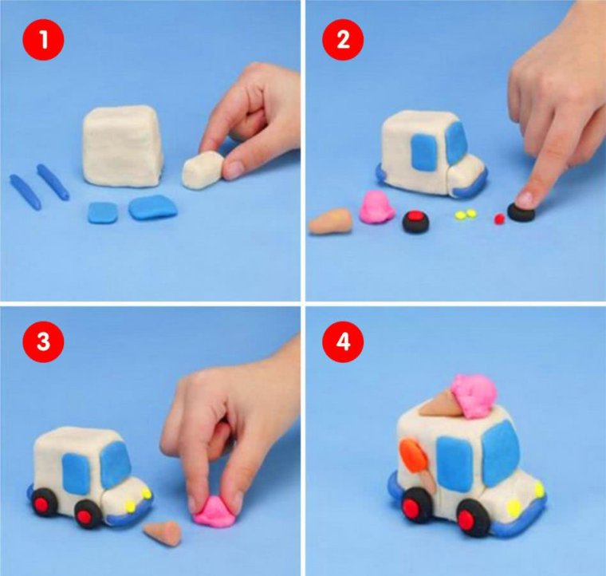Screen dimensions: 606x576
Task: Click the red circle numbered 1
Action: pyautogui.click(x=43, y=39)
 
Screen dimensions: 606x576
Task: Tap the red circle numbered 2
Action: pyautogui.click(x=343, y=39)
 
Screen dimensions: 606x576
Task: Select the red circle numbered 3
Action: pyautogui.click(x=43, y=341)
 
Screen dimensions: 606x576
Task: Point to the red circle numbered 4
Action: pyautogui.click(x=343, y=341)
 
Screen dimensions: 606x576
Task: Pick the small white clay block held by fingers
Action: pyautogui.click(x=203, y=170)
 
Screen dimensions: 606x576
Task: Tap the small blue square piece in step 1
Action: pyautogui.click(x=103, y=213)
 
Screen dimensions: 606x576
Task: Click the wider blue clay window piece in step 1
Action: pyautogui.click(x=153, y=207)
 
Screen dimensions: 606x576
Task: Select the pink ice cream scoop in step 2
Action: pyautogui.click(x=376, y=207)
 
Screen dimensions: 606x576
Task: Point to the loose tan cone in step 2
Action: pyautogui.click(x=331, y=222)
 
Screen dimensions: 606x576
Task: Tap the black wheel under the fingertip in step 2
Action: pyautogui.click(x=521, y=211)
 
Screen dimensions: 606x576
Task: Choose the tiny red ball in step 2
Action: pyautogui.click(x=499, y=219)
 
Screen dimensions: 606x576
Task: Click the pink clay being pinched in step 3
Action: pyautogui.click(x=214, y=511)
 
